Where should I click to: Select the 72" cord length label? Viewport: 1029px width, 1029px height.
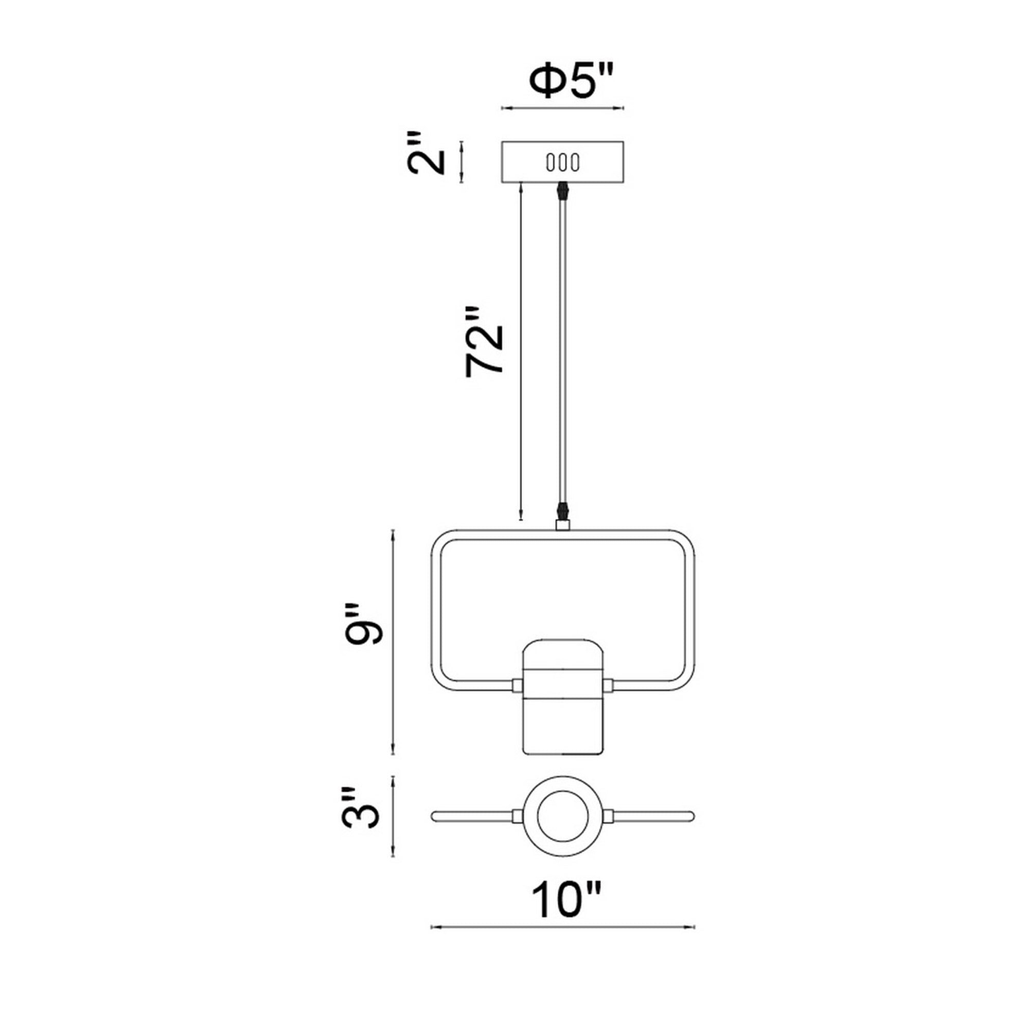coord(484,342)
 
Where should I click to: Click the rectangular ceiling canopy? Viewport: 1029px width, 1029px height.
coord(563,162)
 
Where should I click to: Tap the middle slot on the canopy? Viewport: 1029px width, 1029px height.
coord(562,162)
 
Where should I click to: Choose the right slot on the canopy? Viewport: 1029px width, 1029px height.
coord(574,162)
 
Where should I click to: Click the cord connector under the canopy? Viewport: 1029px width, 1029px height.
coord(562,191)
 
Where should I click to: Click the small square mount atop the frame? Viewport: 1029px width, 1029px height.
coord(562,526)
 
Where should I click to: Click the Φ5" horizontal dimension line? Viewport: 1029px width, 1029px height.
coord(563,109)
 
